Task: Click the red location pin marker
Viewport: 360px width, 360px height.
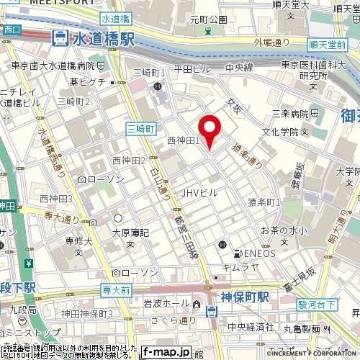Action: [210, 132]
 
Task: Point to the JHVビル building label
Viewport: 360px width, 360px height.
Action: [199, 192]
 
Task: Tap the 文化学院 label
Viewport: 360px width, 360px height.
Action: [284, 132]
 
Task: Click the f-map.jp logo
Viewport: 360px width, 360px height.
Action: [166, 352]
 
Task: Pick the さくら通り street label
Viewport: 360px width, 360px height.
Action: [179, 320]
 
